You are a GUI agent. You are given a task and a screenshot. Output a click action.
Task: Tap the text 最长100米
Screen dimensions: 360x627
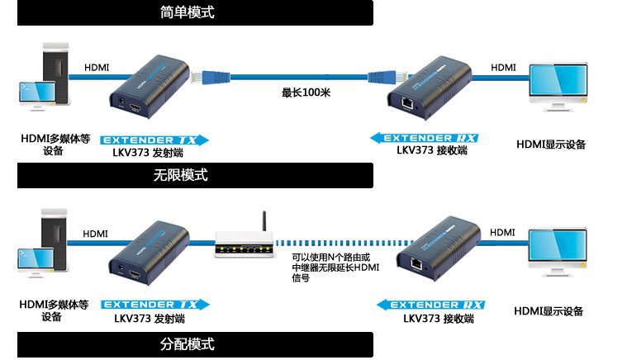(306, 92)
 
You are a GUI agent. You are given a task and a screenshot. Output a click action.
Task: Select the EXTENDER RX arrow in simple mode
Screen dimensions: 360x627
(424, 138)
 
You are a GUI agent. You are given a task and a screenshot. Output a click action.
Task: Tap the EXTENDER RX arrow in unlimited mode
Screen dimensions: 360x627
(430, 306)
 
